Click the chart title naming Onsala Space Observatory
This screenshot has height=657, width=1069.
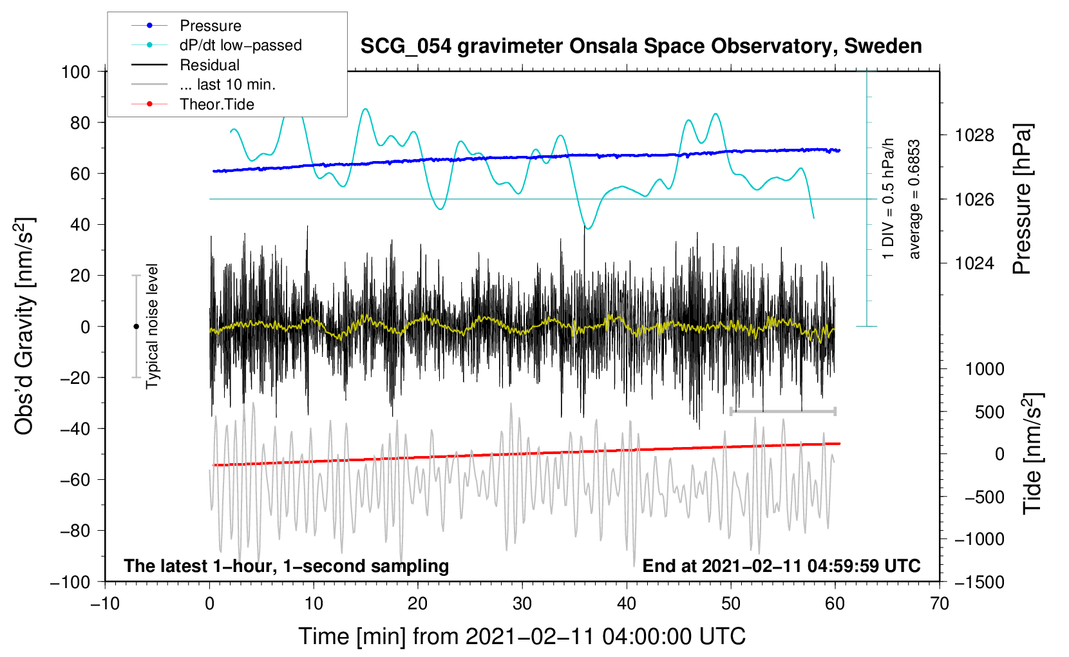click(641, 46)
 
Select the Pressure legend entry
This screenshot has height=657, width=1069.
click(210, 26)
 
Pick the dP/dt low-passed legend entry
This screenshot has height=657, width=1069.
click(240, 45)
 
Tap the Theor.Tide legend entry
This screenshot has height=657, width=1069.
click(216, 104)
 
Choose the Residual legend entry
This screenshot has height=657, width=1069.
click(209, 65)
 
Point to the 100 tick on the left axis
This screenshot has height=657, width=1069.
click(75, 71)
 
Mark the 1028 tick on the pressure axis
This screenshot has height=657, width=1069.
click(974, 135)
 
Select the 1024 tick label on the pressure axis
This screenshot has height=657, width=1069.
click(974, 263)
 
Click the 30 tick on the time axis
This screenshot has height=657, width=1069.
click(522, 604)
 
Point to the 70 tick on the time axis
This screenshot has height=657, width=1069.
click(940, 604)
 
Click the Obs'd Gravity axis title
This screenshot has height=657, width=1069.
click(24, 326)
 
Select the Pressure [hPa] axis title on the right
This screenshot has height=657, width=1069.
click(1023, 200)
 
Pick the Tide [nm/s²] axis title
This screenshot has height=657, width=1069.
click(1032, 454)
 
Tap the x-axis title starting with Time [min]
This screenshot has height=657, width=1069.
click(522, 636)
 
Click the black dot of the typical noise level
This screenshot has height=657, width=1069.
click(136, 327)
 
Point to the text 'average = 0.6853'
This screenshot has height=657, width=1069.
click(914, 200)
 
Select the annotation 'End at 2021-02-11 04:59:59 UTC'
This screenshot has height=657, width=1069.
click(781, 566)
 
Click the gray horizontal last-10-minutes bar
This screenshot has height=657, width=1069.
click(782, 411)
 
